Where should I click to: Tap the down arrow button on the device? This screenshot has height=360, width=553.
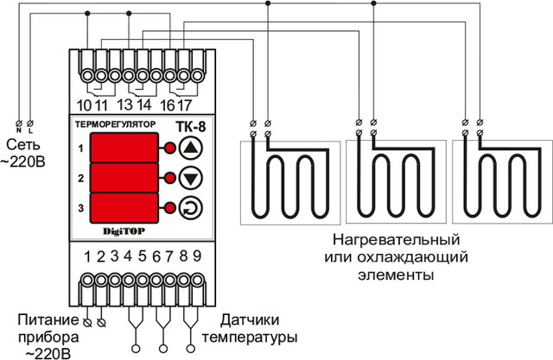pyautogui.click(x=192, y=179)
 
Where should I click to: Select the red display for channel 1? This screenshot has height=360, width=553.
pyautogui.click(x=124, y=148)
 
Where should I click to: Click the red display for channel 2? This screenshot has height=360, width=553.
pyautogui.click(x=124, y=179)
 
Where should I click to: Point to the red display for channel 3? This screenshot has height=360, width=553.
pyautogui.click(x=124, y=208)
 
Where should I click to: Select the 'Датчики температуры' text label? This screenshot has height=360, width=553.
pyautogui.click(x=258, y=326)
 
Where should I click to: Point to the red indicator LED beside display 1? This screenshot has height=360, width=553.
pyautogui.click(x=169, y=148)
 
